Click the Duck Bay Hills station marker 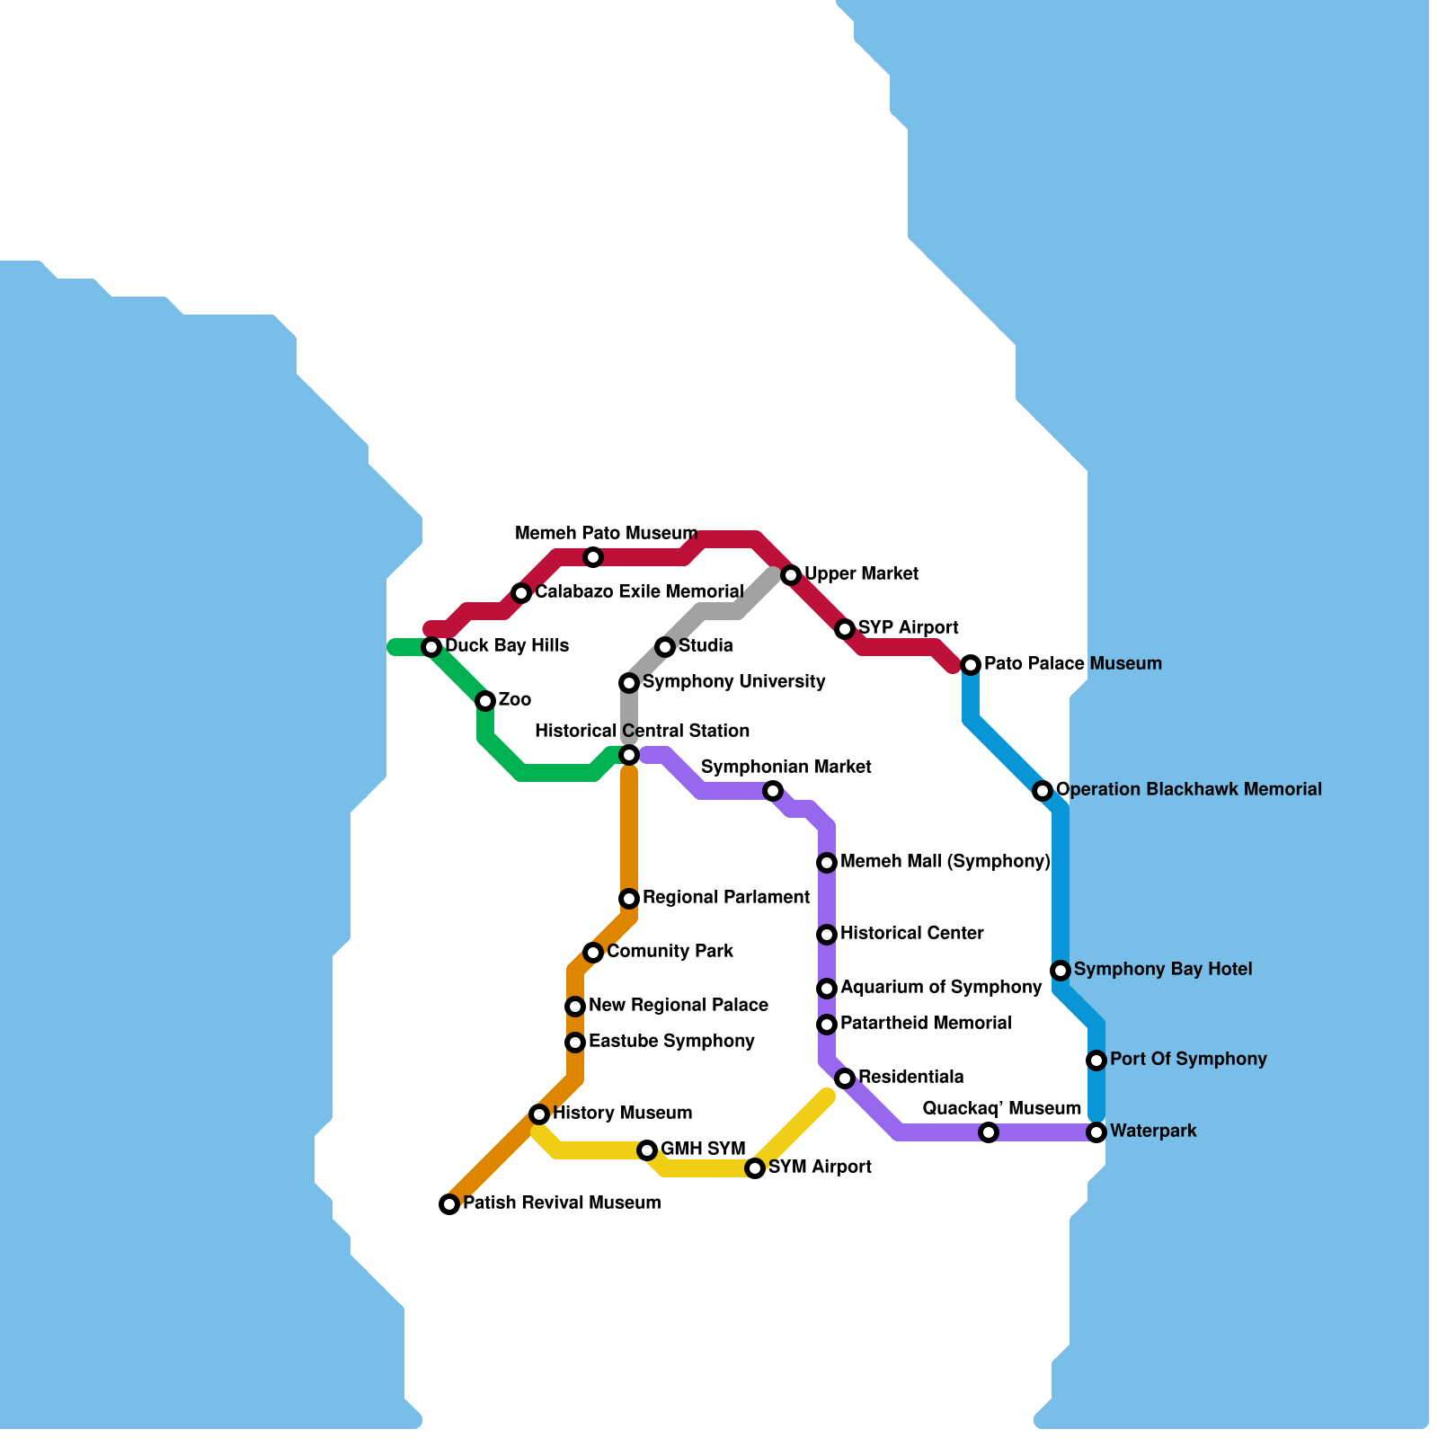(x=431, y=647)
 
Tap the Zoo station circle (x=485, y=701)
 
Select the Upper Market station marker (x=791, y=575)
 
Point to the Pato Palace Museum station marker (x=971, y=665)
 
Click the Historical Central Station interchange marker (x=629, y=755)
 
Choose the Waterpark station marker (x=1096, y=1132)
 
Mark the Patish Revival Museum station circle (x=449, y=1204)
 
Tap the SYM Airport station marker (x=755, y=1168)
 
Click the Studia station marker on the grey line (x=665, y=647)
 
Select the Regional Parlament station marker (x=629, y=899)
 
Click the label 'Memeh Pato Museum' (x=606, y=534)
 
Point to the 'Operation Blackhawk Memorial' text (x=1188, y=790)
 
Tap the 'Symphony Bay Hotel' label (x=1163, y=970)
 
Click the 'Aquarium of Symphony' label (x=941, y=988)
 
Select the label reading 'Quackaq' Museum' (x=1001, y=1109)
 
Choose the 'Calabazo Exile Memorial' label (x=639, y=592)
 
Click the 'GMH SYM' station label (x=703, y=1150)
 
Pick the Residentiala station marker (x=845, y=1078)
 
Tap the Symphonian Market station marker (x=773, y=791)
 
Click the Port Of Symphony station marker (x=1096, y=1061)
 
